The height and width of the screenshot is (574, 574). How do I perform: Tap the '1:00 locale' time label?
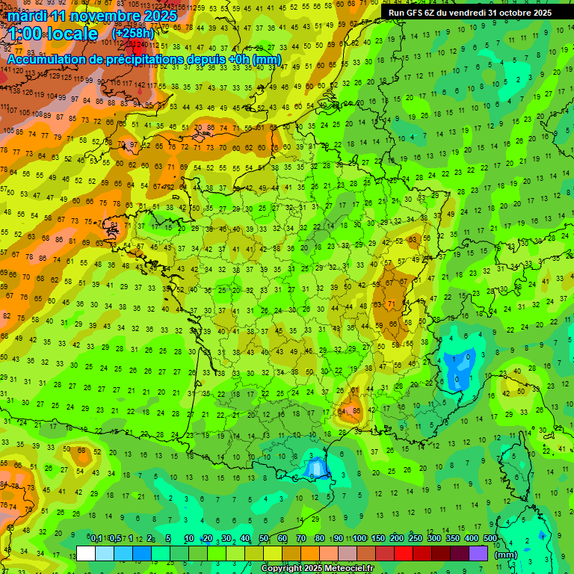tap(53, 34)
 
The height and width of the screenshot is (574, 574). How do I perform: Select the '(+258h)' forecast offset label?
tap(133, 34)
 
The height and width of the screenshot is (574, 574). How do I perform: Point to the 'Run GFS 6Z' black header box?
tap(470, 12)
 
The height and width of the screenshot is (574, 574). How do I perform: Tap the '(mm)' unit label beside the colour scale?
tap(506, 555)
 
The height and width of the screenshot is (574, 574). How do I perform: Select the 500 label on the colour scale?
tap(490, 539)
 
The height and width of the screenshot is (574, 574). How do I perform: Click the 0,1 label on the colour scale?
tap(96, 539)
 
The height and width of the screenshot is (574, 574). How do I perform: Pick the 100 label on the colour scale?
tap(359, 539)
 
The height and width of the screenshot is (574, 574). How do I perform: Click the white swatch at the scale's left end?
tap(86, 553)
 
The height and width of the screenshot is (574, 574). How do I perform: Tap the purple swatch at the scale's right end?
tap(478, 553)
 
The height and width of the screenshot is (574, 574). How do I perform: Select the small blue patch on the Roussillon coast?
tap(316, 468)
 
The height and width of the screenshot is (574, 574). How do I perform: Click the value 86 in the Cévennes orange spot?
tap(357, 410)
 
